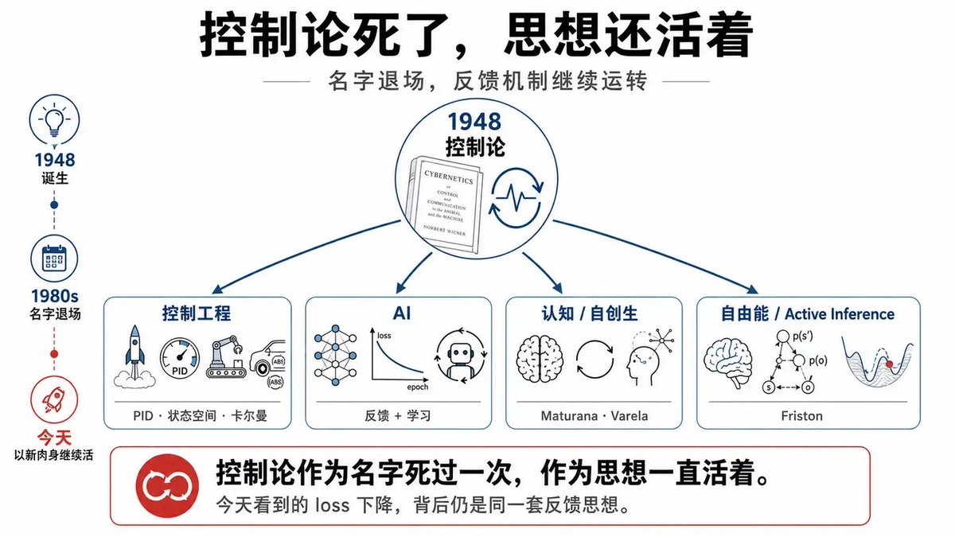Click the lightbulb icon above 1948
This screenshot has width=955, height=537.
point(54,120)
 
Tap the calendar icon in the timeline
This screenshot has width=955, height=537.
point(54,259)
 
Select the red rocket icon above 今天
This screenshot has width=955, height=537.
point(54,399)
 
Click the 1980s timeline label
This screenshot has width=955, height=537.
point(55,296)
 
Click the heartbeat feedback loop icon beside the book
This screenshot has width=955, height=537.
point(516,198)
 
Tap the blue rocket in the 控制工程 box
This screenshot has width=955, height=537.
point(134,356)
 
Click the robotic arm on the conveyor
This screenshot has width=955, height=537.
point(226,356)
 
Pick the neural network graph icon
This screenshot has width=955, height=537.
point(335,356)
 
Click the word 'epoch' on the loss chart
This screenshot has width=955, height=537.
point(417,387)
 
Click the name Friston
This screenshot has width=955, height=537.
point(801,415)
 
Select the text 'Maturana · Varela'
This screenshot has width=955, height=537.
point(594,415)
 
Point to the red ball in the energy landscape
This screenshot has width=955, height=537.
point(890,364)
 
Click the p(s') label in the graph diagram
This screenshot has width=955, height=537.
point(803,337)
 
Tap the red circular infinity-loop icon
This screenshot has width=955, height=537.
point(167,485)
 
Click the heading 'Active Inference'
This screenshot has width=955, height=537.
point(840,314)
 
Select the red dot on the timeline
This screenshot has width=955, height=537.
point(54,354)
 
